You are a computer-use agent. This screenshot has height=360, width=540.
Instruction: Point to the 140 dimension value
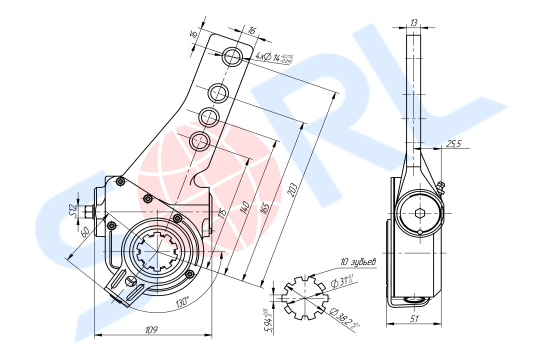(x=245, y=206)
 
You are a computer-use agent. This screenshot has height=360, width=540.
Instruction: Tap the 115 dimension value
(x=222, y=211)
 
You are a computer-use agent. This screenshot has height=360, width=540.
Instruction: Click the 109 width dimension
(x=151, y=329)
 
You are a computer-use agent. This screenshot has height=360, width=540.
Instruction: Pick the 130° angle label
(x=182, y=302)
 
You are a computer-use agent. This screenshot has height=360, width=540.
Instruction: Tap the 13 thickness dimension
(x=413, y=22)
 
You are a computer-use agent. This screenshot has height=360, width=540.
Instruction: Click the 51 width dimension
(x=413, y=318)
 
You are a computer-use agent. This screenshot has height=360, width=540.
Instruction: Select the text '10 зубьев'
(x=358, y=261)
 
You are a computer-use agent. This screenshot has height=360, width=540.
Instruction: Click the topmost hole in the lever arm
(x=232, y=56)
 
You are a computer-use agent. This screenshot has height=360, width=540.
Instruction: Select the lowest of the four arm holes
(x=199, y=141)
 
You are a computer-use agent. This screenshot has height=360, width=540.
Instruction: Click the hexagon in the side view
(x=419, y=213)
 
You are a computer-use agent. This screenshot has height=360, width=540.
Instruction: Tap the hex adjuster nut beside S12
(x=89, y=212)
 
